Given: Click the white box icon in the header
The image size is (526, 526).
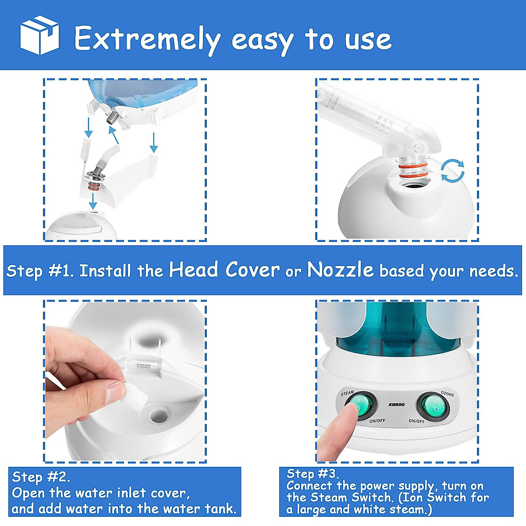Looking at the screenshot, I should click(39, 36).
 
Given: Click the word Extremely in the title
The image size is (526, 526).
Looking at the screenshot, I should click(147, 39).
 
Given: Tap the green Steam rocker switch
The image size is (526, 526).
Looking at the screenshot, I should click(362, 405).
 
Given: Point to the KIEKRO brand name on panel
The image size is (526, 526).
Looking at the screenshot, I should click(397, 405).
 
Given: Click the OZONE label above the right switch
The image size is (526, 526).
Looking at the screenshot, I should click(447, 394).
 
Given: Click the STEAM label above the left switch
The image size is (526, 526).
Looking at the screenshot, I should click(347, 393).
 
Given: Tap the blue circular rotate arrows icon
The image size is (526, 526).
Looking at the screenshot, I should click(452, 171).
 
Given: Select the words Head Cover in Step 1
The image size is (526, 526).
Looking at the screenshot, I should click(224, 270).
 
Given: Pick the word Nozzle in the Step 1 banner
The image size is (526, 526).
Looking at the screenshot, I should click(340, 270).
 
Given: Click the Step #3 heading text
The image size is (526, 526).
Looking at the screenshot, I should click(313, 473).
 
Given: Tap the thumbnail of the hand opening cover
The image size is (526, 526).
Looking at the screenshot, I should click(125, 381).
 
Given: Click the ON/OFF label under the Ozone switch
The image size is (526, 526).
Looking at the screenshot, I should click(416, 421).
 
